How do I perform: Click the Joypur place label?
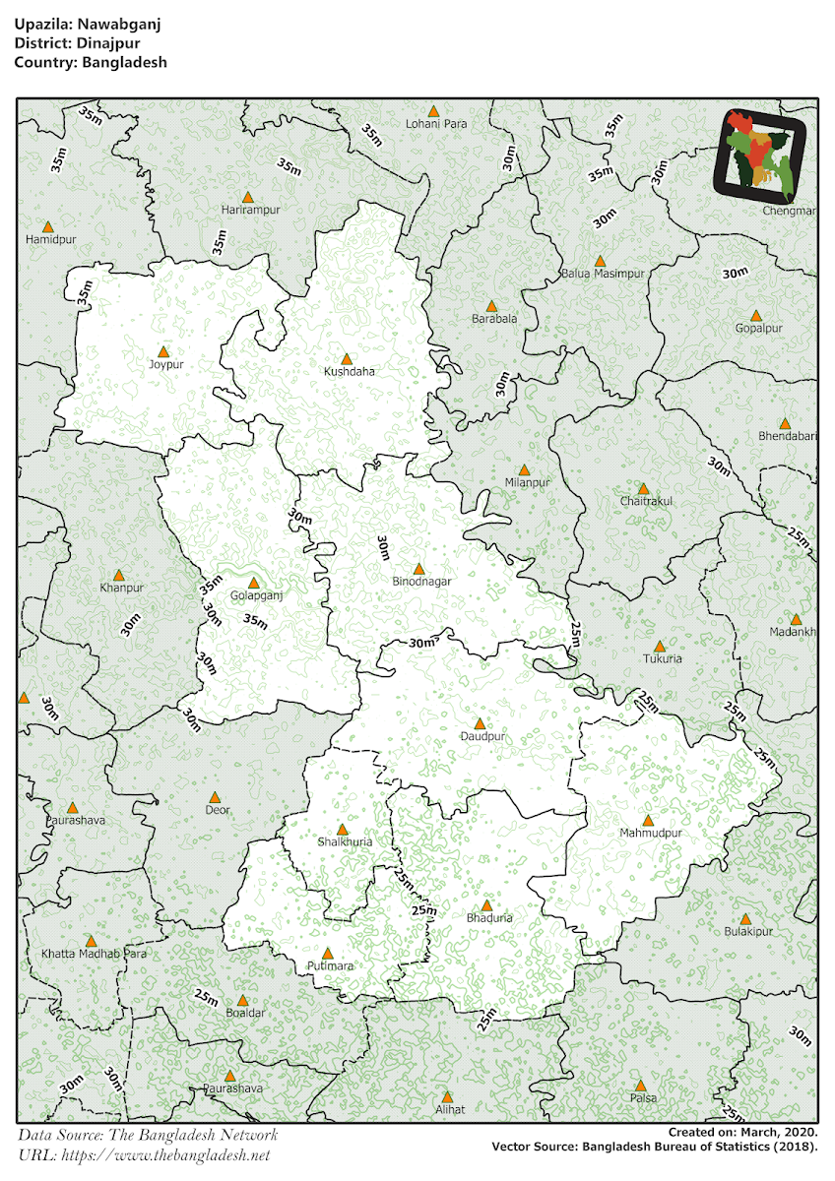click(x=166, y=364)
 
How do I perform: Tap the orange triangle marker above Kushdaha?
click(x=346, y=359)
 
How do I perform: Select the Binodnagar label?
click(x=421, y=582)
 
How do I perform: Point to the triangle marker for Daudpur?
click(x=480, y=723)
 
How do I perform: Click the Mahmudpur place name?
click(x=651, y=834)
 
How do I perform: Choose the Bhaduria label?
click(x=489, y=918)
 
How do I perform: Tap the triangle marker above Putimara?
click(x=328, y=953)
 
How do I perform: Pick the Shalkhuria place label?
click(x=345, y=842)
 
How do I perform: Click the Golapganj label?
click(x=256, y=596)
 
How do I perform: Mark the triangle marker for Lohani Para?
click(x=433, y=111)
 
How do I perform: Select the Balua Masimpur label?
click(x=603, y=274)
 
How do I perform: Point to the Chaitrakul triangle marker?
click(x=643, y=488)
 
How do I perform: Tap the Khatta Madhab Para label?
click(x=94, y=955)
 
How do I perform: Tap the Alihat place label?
click(x=449, y=1109)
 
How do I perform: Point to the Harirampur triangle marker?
click(x=249, y=197)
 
